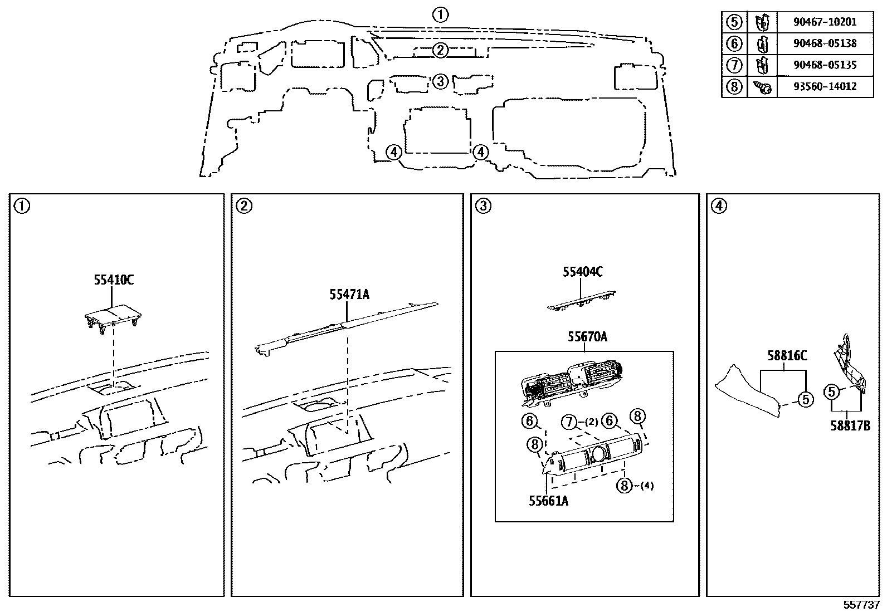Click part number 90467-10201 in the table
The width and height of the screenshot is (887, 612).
[x=825, y=22]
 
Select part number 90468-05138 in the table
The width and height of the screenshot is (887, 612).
[x=825, y=43]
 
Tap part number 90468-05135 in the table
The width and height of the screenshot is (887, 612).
[x=825, y=65]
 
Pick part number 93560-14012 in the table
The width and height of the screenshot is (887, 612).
[x=825, y=87]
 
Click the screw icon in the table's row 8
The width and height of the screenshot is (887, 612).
[x=762, y=87]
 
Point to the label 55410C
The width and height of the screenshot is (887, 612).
[x=114, y=280]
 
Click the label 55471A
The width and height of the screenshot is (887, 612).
[x=349, y=295]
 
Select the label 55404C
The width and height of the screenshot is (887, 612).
[x=582, y=272]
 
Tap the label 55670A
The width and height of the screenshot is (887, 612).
[x=587, y=337]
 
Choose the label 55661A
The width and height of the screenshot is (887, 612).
[x=548, y=501]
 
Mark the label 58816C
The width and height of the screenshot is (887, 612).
[x=787, y=356]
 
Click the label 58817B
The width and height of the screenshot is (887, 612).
[x=850, y=426]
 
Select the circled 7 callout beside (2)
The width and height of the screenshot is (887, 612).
[x=569, y=422]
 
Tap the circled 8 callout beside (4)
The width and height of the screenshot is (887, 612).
[x=625, y=486]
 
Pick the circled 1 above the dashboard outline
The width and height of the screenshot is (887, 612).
[x=440, y=15]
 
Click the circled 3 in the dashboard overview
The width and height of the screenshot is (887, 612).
[x=440, y=81]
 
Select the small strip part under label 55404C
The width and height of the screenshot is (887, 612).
[x=581, y=301]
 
